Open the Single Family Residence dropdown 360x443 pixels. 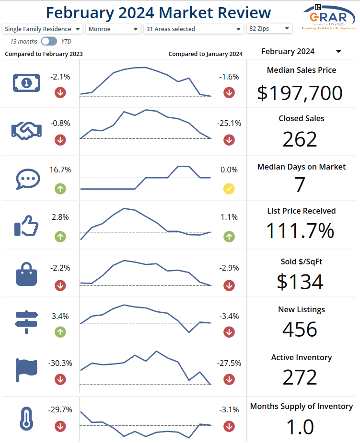click(x=43, y=29)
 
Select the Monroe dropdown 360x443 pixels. click(x=113, y=29)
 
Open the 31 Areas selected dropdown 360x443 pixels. click(x=194, y=29)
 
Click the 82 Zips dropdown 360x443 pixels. click(x=269, y=29)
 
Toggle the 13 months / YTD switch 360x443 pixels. click(x=49, y=42)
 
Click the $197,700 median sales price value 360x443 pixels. click(x=300, y=92)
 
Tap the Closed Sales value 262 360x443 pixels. click(x=300, y=139)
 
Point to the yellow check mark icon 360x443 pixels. click(x=229, y=189)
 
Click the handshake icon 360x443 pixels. click(x=26, y=130)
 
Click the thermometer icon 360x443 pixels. click(x=26, y=418)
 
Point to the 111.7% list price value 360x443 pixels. click(x=300, y=231)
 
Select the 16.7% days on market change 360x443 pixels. click(x=60, y=170)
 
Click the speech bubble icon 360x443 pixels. click(x=26, y=179)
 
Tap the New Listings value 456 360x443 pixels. click(x=300, y=329)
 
